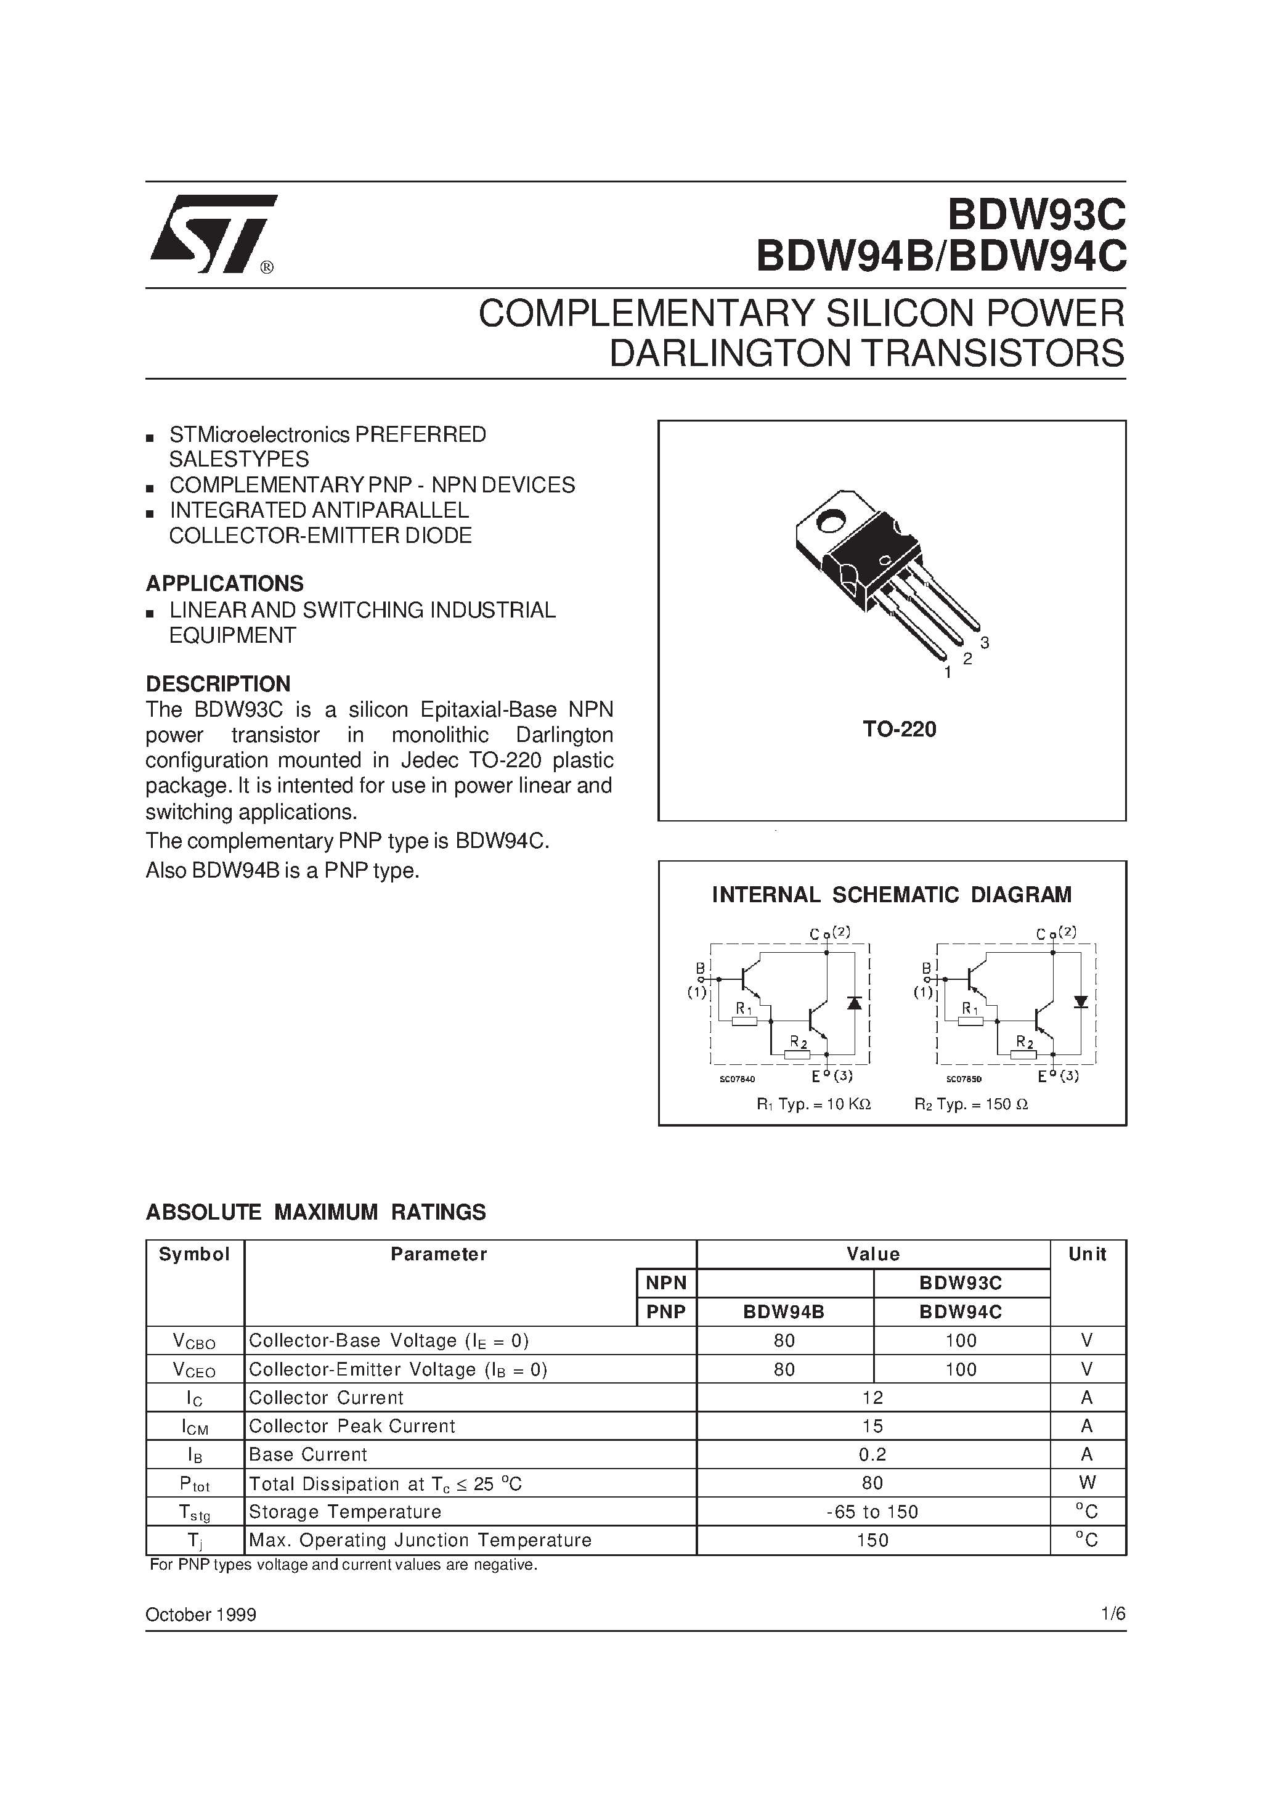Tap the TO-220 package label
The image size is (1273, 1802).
900,730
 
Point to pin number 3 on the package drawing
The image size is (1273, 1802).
984,643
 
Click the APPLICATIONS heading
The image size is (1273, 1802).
224,584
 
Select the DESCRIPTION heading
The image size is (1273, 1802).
218,683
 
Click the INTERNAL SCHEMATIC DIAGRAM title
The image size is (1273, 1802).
892,895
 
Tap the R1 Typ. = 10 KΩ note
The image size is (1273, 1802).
813,1104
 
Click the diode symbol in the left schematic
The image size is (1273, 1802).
855,1003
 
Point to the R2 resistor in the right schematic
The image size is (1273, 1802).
1023,1054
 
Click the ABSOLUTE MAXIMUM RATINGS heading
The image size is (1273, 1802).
315,1213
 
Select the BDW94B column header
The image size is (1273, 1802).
784,1312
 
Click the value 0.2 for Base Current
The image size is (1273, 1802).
872,1454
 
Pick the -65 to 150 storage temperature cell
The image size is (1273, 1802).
872,1512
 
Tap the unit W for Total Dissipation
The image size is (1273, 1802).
1087,1483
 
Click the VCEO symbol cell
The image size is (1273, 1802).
194,1371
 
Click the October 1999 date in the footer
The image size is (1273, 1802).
201,1615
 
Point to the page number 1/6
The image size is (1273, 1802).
1113,1615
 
